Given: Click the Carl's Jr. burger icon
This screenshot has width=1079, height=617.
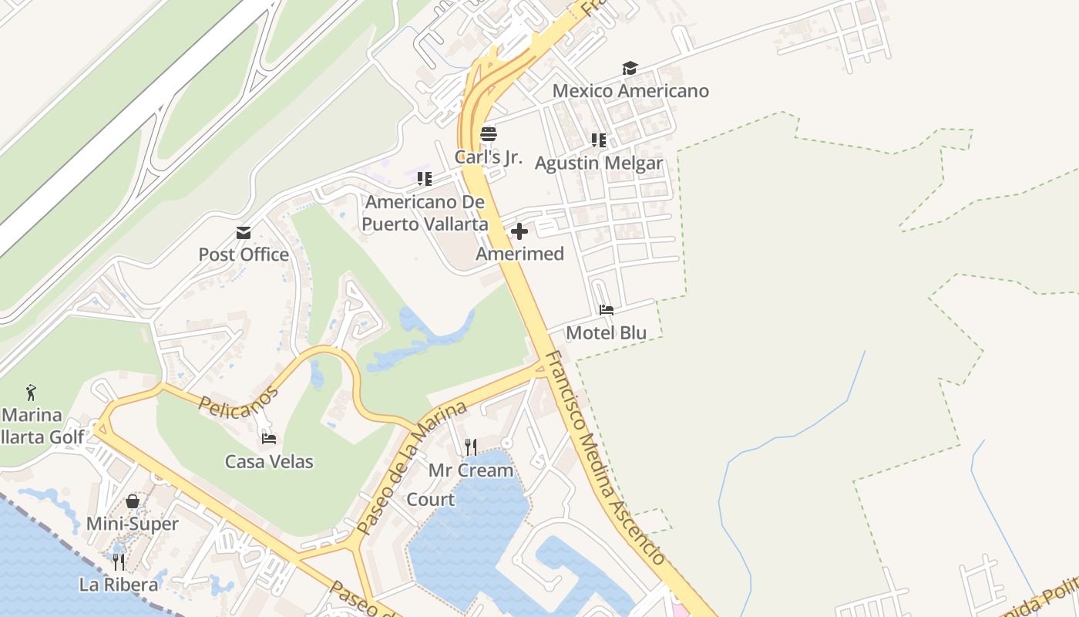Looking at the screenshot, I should tap(488, 133).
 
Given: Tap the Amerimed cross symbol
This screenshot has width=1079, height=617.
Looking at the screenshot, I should tap(519, 231).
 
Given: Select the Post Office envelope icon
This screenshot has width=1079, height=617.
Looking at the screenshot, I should tap(244, 232).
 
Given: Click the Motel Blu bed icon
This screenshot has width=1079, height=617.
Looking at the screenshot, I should tap(607, 310).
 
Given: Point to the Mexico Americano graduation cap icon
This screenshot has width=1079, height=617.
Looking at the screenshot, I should tap(630, 68).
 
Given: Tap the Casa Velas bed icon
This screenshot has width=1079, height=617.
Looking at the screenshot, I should tap(269, 439).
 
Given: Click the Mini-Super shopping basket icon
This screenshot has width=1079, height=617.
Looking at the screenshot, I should tap(133, 501).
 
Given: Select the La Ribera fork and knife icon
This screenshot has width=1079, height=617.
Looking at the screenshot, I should tap(119, 561).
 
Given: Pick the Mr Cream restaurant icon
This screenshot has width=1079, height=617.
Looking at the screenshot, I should tap(470, 447).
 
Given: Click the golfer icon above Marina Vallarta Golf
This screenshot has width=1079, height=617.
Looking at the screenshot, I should tap(31, 392).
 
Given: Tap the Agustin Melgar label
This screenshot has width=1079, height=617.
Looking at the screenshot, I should tap(598, 164).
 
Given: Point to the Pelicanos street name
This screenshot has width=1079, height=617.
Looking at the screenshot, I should tap(238, 399).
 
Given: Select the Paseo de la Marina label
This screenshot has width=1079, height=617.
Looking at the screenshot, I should tap(412, 468).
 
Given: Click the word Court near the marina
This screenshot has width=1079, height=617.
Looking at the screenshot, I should tap(430, 500).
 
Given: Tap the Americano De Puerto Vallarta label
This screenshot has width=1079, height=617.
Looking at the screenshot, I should tap(425, 213).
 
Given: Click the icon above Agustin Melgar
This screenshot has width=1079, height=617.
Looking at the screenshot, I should tap(598, 140).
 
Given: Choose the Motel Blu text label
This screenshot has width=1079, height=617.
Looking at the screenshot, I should tap(606, 333).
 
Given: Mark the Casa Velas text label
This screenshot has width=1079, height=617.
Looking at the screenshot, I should tap(269, 462).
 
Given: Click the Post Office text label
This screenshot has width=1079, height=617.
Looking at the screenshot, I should tap(244, 255).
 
